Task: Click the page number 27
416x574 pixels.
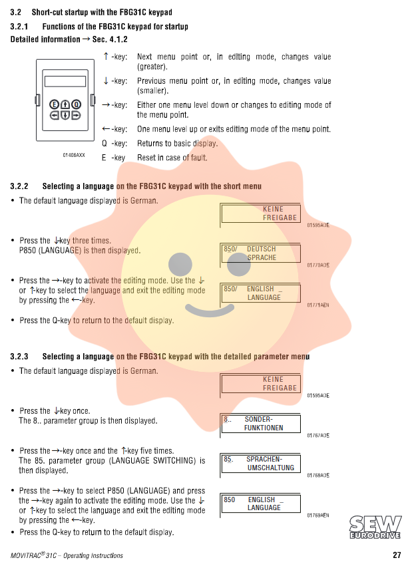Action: pyautogui.click(x=396, y=555)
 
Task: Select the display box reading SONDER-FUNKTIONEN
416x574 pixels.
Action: pyautogui.click(x=260, y=424)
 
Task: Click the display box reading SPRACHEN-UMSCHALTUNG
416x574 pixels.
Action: pyautogui.click(x=260, y=464)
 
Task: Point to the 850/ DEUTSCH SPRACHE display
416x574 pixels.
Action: pyautogui.click(x=260, y=253)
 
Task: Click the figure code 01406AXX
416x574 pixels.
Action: pyautogui.click(x=75, y=155)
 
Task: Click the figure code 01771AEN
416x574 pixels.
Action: pyautogui.click(x=318, y=305)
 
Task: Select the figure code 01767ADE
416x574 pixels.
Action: pyautogui.click(x=318, y=436)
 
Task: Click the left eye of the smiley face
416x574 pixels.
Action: pyautogui.click(x=180, y=264)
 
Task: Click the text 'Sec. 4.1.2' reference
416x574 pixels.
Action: pyautogui.click(x=110, y=40)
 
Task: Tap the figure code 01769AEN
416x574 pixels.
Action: pyautogui.click(x=318, y=515)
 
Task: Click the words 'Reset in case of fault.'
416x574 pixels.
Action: pyautogui.click(x=172, y=158)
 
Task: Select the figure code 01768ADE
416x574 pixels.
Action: pyautogui.click(x=318, y=476)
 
